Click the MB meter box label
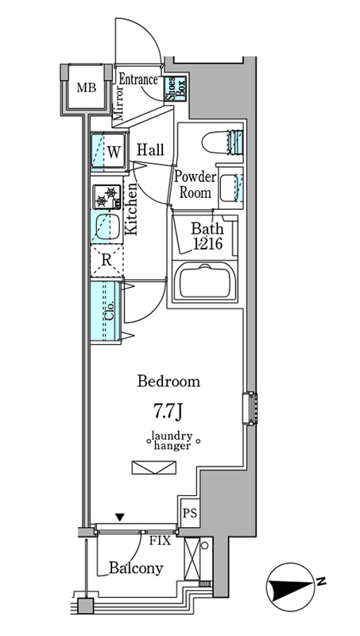(87, 87)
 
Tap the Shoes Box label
(175, 88)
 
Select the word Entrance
(137, 79)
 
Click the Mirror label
(118, 104)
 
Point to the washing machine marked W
(108, 151)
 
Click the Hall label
(150, 149)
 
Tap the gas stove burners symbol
(106, 196)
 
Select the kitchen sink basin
(107, 227)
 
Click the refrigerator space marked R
(106, 261)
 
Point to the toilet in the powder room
(223, 142)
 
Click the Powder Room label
(195, 184)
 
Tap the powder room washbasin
(230, 188)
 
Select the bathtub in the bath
(204, 282)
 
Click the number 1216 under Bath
(207, 244)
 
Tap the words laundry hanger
(172, 441)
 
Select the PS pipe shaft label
(189, 513)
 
